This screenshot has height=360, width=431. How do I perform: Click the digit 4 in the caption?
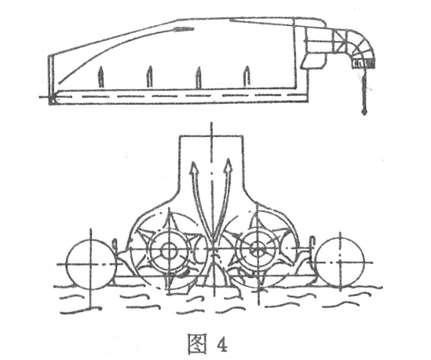click(x=221, y=344)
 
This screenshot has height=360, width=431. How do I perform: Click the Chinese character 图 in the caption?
click(x=197, y=343)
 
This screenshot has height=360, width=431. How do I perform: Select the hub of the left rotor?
click(x=168, y=250)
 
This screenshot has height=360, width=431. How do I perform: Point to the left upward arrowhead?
click(x=195, y=168)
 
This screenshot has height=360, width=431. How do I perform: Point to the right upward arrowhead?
click(x=228, y=165)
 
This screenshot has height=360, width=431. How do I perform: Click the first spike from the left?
click(x=101, y=77)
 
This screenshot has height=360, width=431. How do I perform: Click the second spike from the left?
click(x=149, y=77)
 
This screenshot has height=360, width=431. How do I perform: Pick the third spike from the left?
click(x=198, y=78)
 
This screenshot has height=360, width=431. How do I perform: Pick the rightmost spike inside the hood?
click(x=247, y=77)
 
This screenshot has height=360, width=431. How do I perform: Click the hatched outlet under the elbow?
click(x=364, y=64)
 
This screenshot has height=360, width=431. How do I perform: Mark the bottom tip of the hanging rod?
click(x=365, y=113)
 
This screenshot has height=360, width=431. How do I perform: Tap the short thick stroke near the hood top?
click(x=183, y=28)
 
